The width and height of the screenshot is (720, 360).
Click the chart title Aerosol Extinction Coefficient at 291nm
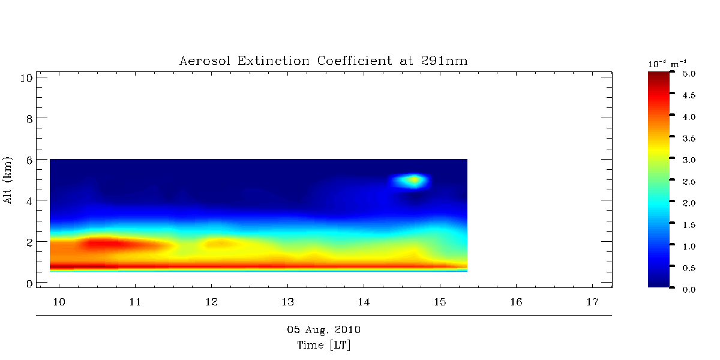click(x=323, y=61)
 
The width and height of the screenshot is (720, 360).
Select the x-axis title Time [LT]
click(x=323, y=345)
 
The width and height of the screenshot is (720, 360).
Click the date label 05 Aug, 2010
click(x=323, y=330)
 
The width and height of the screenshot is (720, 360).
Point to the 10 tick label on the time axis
click(x=59, y=301)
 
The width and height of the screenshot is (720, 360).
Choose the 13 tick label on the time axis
click(x=287, y=301)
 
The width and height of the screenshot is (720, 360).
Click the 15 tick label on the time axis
click(x=440, y=301)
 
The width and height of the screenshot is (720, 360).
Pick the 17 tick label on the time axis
click(x=592, y=301)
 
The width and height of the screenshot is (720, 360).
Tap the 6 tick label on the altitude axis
click(x=28, y=160)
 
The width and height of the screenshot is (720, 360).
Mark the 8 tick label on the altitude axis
click(x=28, y=118)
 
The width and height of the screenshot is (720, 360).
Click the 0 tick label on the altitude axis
click(x=28, y=283)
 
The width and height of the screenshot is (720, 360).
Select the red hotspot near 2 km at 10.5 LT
click(x=108, y=243)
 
